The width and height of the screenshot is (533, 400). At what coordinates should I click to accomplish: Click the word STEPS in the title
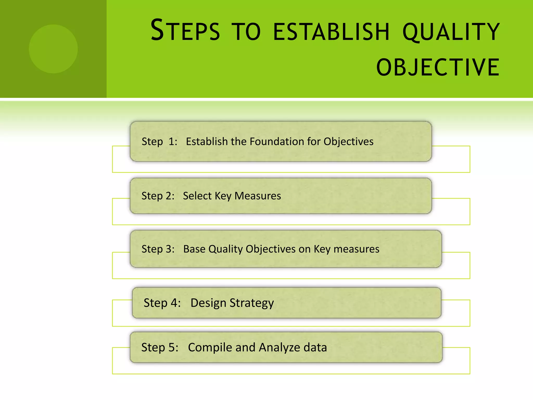(x=185, y=31)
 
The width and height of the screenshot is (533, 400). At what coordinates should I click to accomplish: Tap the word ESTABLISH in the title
(x=331, y=32)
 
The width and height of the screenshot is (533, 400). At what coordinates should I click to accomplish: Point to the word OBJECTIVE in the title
(x=438, y=67)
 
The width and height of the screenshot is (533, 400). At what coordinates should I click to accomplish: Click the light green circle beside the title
(x=53, y=49)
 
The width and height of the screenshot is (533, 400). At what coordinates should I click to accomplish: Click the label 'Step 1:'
(x=159, y=142)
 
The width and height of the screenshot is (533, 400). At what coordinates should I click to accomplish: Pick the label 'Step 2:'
(x=158, y=196)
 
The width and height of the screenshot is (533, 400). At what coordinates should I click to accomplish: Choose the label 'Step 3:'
(x=158, y=249)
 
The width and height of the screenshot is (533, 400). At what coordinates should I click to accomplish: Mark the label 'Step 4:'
(x=162, y=303)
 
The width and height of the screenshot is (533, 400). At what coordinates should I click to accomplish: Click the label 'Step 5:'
(x=160, y=347)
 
